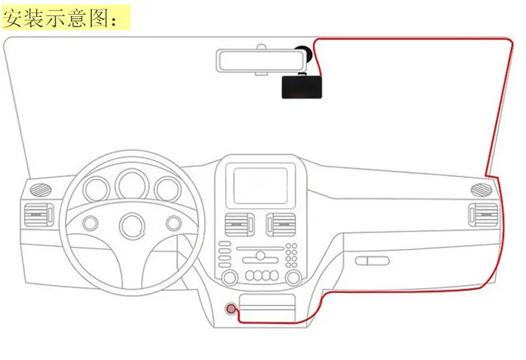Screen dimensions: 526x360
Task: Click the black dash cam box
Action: [302, 87]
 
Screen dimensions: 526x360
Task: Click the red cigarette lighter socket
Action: [231, 309]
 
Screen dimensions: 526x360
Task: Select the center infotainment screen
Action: [260, 186]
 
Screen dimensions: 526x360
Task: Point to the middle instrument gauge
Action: [131, 185]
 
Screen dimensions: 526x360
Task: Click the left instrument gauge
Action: [96, 190]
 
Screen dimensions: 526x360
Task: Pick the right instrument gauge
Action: [167, 190]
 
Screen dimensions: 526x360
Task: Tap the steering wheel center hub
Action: [131, 226]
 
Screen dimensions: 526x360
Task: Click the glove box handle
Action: [372, 261]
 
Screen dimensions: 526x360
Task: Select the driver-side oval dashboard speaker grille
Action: [40, 190]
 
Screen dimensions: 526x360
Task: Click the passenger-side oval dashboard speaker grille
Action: [482, 190]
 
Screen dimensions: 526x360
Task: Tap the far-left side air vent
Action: [39, 215]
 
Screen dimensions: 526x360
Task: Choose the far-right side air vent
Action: [483, 215]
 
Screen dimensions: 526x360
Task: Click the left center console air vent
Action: [239, 225]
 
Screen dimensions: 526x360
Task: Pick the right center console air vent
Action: [281, 225]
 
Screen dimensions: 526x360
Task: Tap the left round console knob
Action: [230, 278]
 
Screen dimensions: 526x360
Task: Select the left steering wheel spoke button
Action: [90, 223]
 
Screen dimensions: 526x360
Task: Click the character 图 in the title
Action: [98, 18]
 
